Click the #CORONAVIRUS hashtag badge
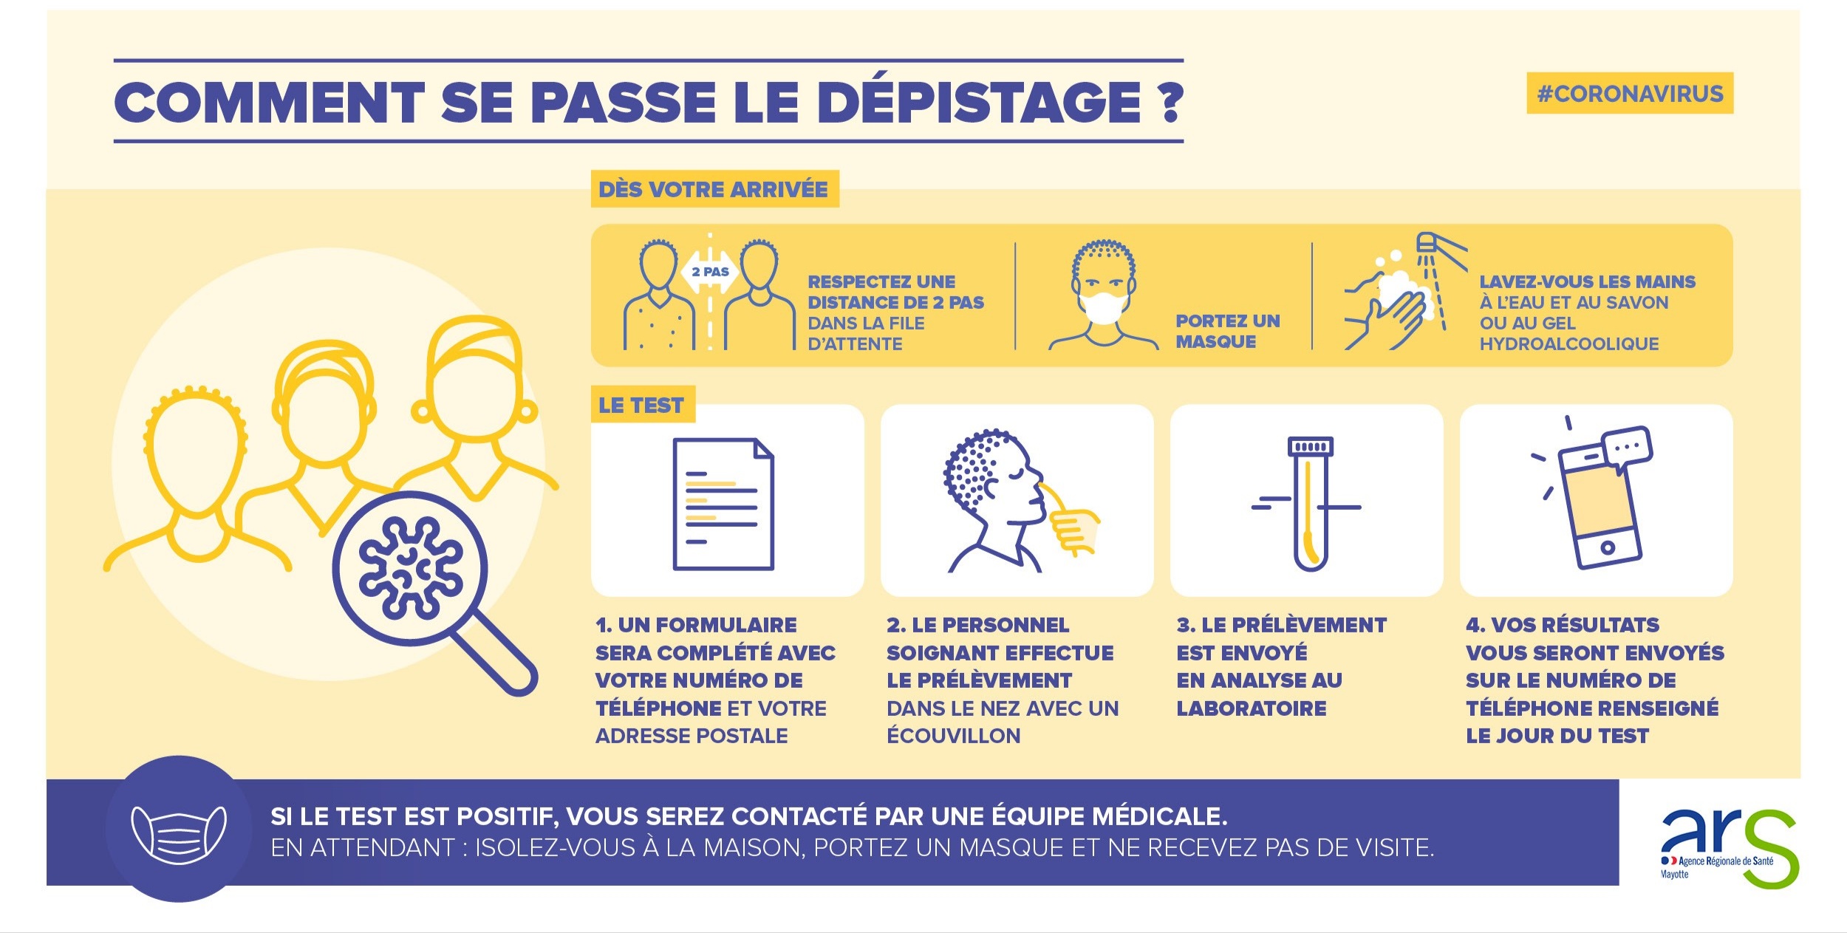pyautogui.click(x=1630, y=94)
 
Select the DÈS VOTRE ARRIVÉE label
pyautogui.click(x=714, y=189)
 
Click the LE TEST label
pyautogui.click(x=642, y=405)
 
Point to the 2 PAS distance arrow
pyautogui.click(x=710, y=272)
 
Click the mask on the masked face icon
pyautogui.click(x=1103, y=307)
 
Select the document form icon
pyautogui.click(x=723, y=505)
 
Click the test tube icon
pyautogui.click(x=1309, y=504)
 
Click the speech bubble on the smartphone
pyautogui.click(x=1629, y=448)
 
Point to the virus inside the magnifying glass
pyautogui.click(x=411, y=567)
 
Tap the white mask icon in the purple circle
pyautogui.click(x=179, y=834)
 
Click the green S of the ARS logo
pyautogui.click(x=1770, y=849)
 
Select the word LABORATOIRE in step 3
pyautogui.click(x=1252, y=708)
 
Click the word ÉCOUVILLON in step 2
pyautogui.click(x=954, y=736)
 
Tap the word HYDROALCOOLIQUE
pyautogui.click(x=1569, y=344)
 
